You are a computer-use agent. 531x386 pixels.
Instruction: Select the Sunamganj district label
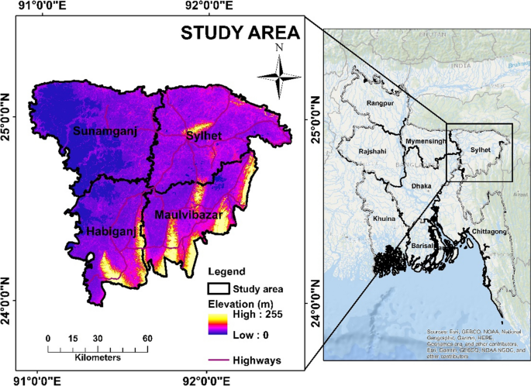click(x=105, y=132)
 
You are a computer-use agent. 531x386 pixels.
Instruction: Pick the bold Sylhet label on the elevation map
click(x=205, y=136)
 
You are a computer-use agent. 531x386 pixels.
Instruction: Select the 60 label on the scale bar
click(x=147, y=339)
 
